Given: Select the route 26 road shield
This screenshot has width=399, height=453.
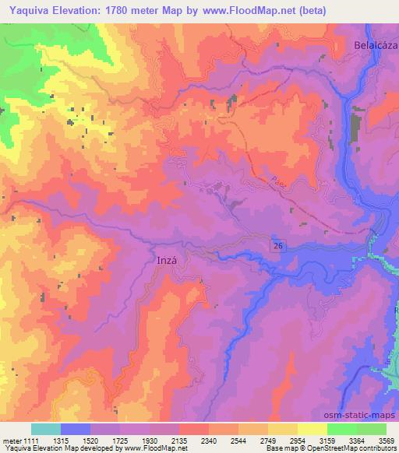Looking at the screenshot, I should (x=277, y=245).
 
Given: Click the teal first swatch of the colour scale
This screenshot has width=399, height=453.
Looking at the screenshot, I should (x=46, y=429).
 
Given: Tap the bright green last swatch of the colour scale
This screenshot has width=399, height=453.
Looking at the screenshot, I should (x=372, y=429).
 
